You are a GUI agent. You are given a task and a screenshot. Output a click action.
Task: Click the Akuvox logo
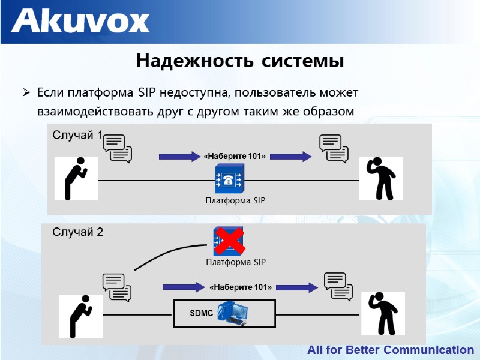click(x=80, y=21)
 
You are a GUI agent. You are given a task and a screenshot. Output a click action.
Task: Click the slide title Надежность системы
click(x=239, y=61)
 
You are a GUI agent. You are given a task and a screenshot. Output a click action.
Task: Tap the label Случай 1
click(x=77, y=134)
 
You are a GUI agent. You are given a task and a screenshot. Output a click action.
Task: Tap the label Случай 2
click(x=78, y=232)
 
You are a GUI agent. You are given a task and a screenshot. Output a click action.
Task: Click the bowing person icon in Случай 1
click(x=76, y=178)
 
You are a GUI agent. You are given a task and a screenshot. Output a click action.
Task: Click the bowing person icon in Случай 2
click(x=80, y=316)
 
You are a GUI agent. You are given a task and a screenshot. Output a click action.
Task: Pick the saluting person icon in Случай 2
click(x=382, y=314)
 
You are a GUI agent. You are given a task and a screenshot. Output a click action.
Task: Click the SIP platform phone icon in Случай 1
click(x=229, y=179)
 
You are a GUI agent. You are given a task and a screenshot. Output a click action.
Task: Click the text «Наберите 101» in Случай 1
click(x=235, y=156)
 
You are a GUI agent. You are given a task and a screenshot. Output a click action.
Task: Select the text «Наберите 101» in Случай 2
click(x=241, y=287)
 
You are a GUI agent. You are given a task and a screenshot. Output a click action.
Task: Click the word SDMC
click(x=202, y=314)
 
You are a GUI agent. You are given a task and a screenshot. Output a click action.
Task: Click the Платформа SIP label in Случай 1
click(x=235, y=200)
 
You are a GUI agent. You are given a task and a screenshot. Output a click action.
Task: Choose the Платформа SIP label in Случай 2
click(x=236, y=262)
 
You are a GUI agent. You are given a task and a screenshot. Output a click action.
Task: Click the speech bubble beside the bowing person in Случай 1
click(x=117, y=148)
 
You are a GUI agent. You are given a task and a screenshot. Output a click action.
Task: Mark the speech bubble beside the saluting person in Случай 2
click(x=338, y=286)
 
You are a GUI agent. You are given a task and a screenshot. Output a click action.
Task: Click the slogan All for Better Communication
click(x=391, y=350)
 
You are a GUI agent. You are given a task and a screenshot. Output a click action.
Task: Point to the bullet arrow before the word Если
click(x=26, y=93)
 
